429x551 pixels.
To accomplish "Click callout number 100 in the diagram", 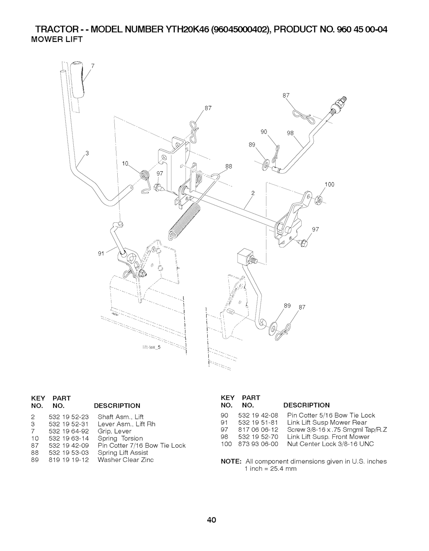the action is pyautogui.click(x=329, y=184).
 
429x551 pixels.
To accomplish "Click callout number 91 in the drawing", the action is pyautogui.click(x=101, y=253).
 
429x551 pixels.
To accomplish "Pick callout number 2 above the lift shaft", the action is pyautogui.click(x=253, y=193).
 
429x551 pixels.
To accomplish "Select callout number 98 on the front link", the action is pyautogui.click(x=290, y=133).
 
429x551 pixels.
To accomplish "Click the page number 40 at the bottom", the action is pyautogui.click(x=212, y=520).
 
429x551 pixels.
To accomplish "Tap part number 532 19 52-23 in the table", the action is pyautogui.click(x=69, y=417).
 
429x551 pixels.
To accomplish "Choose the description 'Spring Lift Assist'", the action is pyautogui.click(x=123, y=453).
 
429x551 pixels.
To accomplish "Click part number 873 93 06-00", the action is pyautogui.click(x=258, y=444).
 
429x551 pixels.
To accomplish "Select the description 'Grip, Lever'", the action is pyautogui.click(x=114, y=431).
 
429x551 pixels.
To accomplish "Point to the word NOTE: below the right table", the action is pyautogui.click(x=231, y=461).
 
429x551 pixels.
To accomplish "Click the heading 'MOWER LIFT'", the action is pyautogui.click(x=57, y=39).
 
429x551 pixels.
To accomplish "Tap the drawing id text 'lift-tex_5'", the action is pyautogui.click(x=152, y=347).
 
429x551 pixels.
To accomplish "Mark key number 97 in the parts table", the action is pyautogui.click(x=225, y=430).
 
